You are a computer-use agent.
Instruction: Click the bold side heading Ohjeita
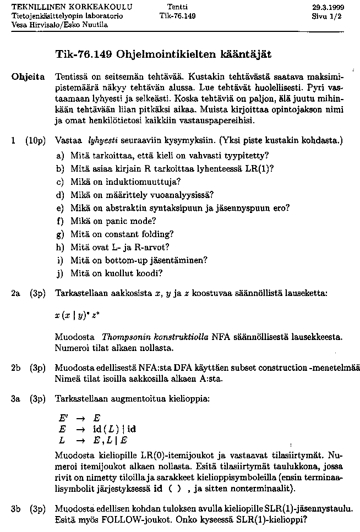click(x=28, y=76)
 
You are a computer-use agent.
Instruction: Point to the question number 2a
click(x=15, y=294)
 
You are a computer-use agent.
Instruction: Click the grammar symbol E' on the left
click(x=63, y=418)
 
